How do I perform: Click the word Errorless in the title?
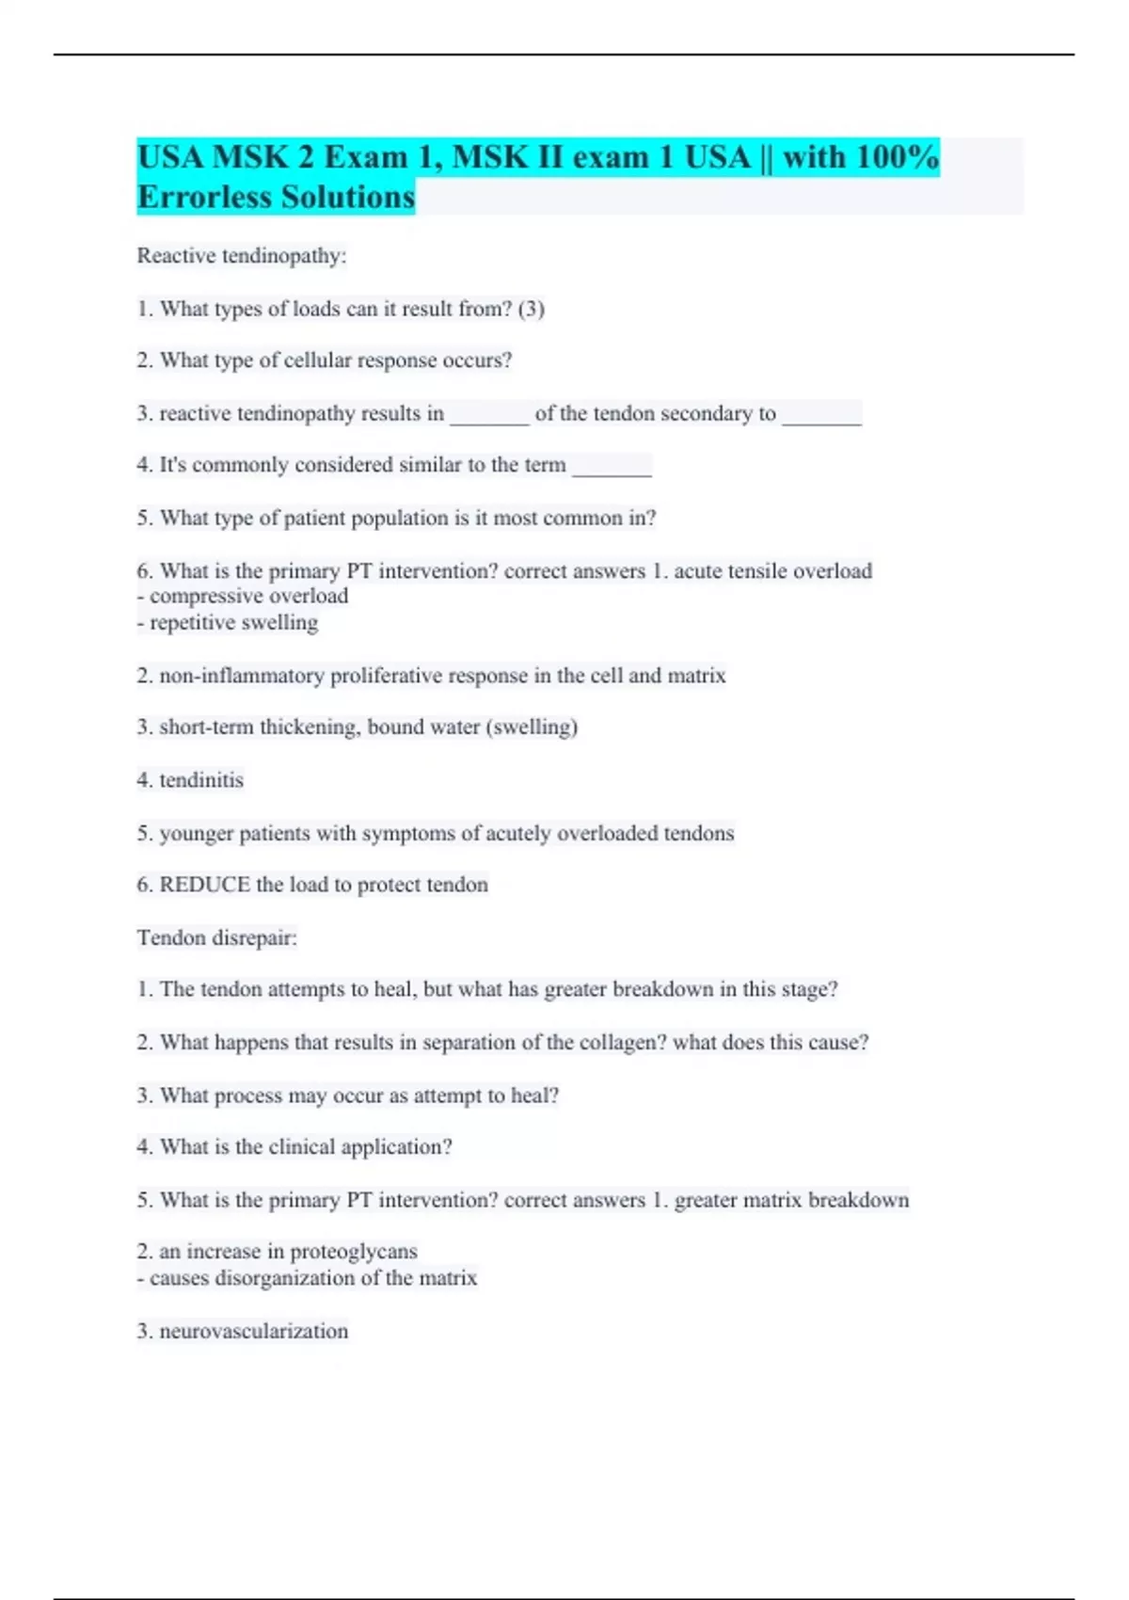pyautogui.click(x=204, y=198)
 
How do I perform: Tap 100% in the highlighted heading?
pyautogui.click(x=898, y=157)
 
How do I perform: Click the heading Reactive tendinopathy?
pyautogui.click(x=242, y=256)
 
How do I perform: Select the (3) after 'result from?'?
pyautogui.click(x=531, y=309)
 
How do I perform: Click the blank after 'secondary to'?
pyautogui.click(x=821, y=414)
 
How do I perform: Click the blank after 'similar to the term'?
pyautogui.click(x=612, y=466)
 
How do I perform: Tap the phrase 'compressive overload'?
pyautogui.click(x=248, y=596)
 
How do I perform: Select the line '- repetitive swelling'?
pyautogui.click(x=228, y=622)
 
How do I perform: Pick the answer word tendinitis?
pyautogui.click(x=201, y=780)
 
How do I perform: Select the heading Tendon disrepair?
pyautogui.click(x=217, y=938)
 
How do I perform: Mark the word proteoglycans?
pyautogui.click(x=353, y=1252)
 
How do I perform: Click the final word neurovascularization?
pyautogui.click(x=253, y=1332)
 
